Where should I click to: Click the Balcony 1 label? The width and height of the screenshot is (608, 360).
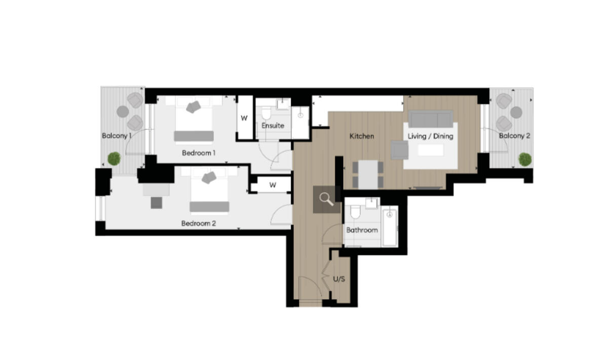tap(117, 136)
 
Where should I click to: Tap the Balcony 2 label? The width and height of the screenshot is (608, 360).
tap(514, 136)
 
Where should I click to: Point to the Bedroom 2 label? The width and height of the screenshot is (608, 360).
tap(199, 223)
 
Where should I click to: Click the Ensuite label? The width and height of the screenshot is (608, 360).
tap(273, 125)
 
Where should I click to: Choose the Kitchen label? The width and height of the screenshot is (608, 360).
tap(362, 136)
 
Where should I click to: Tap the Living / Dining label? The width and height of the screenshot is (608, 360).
tap(430, 136)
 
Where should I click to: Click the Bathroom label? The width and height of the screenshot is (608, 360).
tap(362, 230)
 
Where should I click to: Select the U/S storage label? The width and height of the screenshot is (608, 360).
tap(339, 279)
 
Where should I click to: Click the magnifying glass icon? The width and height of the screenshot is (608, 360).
tap(327, 199)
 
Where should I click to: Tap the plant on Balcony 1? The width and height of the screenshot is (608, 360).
tap(114, 158)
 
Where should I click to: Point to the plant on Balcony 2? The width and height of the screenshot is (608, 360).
tap(525, 159)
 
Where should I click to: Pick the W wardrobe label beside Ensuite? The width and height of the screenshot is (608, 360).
tap(244, 118)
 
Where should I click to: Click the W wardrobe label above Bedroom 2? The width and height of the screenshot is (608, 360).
tap(273, 185)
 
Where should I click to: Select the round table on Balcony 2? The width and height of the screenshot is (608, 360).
tap(516, 113)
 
